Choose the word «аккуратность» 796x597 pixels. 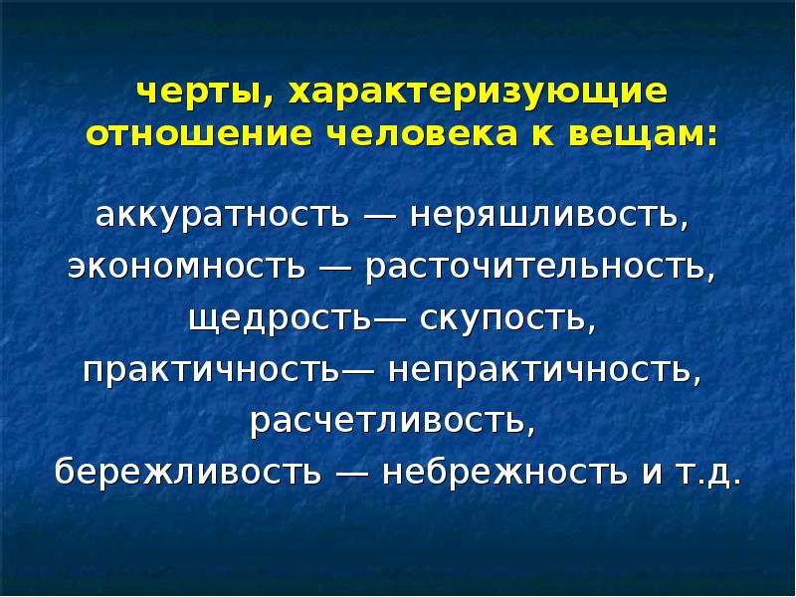[222, 216]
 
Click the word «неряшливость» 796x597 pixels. [549, 216]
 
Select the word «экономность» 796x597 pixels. [186, 266]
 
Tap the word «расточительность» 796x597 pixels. [540, 267]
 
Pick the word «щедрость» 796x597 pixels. [280, 318]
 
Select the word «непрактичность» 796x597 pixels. [544, 369]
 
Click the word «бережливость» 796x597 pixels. [188, 471]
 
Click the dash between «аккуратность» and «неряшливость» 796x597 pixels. [380, 218]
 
